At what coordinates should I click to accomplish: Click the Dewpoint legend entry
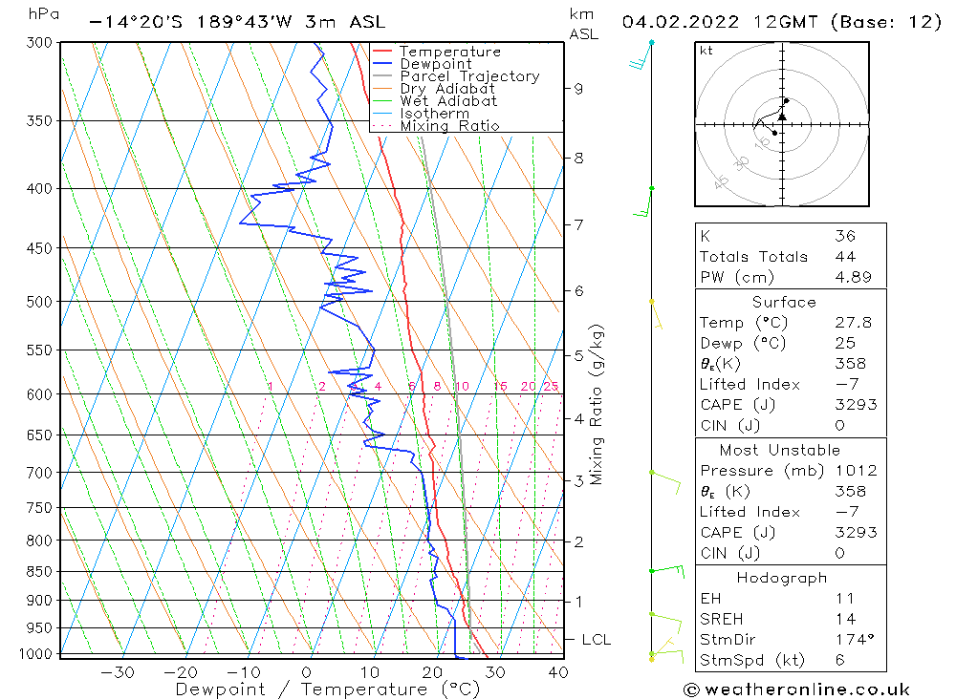pyautogui.click(x=435, y=64)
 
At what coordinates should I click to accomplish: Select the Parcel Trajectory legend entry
pyautogui.click(x=468, y=76)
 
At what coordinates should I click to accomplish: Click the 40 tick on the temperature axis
pyautogui.click(x=558, y=672)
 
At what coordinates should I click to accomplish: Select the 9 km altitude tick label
pyautogui.click(x=578, y=89)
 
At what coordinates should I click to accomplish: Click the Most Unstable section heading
pyautogui.click(x=781, y=450)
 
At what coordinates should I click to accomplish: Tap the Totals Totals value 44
pyautogui.click(x=845, y=256)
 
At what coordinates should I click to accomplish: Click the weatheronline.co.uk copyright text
pyautogui.click(x=796, y=689)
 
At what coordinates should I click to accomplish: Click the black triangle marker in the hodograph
pyautogui.click(x=782, y=117)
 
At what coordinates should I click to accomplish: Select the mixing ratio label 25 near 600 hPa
pyautogui.click(x=551, y=386)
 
